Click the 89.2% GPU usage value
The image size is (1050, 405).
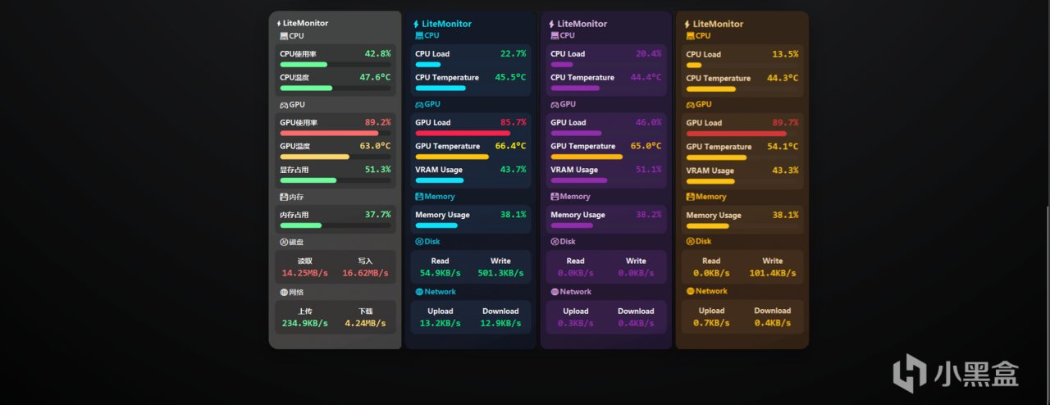click(x=377, y=122)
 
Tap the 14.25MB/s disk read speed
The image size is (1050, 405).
click(x=304, y=273)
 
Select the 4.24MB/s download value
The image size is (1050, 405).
click(x=365, y=323)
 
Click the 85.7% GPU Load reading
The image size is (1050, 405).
click(x=513, y=122)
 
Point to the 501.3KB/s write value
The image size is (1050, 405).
click(x=500, y=273)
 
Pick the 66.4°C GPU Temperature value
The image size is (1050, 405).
click(x=510, y=146)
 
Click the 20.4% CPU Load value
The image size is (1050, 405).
click(x=648, y=54)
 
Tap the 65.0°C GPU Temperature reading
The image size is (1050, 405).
click(x=646, y=146)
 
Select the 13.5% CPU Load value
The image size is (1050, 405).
click(x=785, y=54)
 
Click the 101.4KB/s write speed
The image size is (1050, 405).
click(x=773, y=273)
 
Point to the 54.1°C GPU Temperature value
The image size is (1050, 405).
click(x=782, y=147)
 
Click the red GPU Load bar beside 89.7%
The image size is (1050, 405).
click(x=736, y=133)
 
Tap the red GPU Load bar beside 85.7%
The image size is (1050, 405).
click(x=463, y=133)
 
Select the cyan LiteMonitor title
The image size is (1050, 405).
click(x=446, y=24)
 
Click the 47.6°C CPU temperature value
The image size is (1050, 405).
click(x=375, y=78)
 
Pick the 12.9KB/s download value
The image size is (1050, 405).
click(x=500, y=323)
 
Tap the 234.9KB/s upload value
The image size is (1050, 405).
click(x=304, y=323)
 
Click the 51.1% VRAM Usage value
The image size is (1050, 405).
click(x=648, y=170)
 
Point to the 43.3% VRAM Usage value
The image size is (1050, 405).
click(x=785, y=171)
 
